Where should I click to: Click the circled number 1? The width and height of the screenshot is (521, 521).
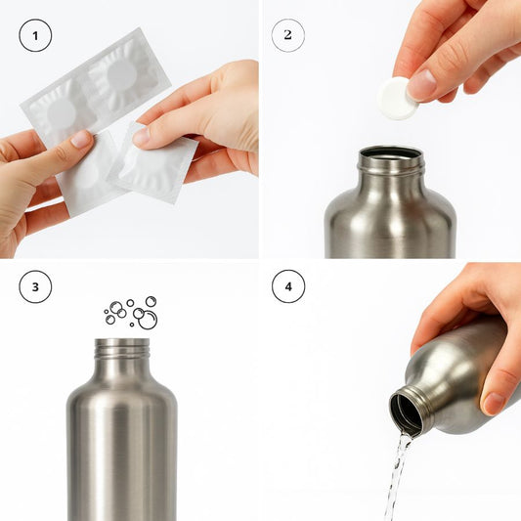36,37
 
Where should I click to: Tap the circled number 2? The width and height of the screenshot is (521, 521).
287,36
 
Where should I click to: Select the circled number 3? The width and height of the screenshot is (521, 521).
36,287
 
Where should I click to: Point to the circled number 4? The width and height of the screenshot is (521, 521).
287,287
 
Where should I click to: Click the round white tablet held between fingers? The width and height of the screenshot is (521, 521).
397,99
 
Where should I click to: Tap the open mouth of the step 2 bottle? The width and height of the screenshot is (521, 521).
390,153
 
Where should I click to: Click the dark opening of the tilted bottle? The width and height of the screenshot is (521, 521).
407,412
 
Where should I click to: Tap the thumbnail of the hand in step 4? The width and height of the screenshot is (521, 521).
494,402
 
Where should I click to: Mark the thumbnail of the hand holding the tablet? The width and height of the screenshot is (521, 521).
422,85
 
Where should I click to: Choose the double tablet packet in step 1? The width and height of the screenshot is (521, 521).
93,93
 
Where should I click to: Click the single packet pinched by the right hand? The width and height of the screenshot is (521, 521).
156,166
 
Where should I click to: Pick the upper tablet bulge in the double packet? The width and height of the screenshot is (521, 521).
121,74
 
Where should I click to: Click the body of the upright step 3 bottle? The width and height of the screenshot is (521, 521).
122,450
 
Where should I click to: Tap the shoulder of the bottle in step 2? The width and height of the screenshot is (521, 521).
390,191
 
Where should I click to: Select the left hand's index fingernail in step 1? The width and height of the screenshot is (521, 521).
81,139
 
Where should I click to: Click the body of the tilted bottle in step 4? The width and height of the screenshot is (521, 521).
455,376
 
